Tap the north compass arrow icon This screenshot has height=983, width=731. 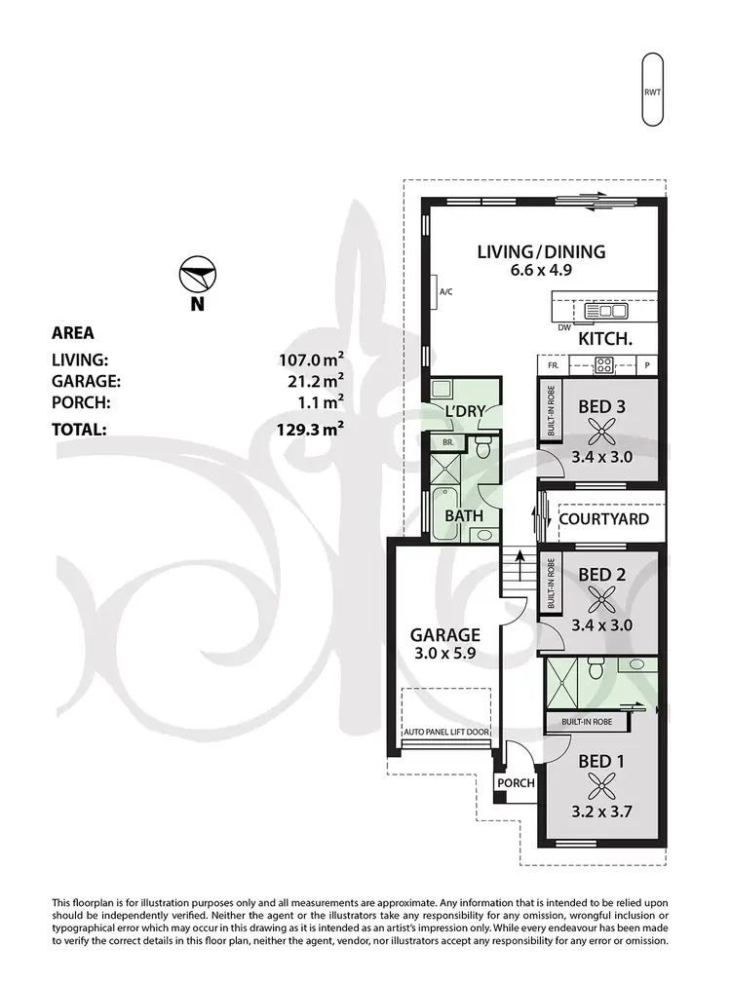198,276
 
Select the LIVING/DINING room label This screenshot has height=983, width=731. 541,252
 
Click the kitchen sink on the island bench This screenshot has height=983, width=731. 605,312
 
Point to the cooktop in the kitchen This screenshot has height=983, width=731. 603,365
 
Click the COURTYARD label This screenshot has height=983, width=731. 603,519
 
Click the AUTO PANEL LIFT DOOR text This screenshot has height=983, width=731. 446,732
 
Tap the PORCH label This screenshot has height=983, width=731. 516,783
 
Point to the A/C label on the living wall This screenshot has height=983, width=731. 446,291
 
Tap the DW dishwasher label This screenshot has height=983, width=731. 563,328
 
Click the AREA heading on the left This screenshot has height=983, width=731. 73,333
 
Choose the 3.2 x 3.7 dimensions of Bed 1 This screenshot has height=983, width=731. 602,809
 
